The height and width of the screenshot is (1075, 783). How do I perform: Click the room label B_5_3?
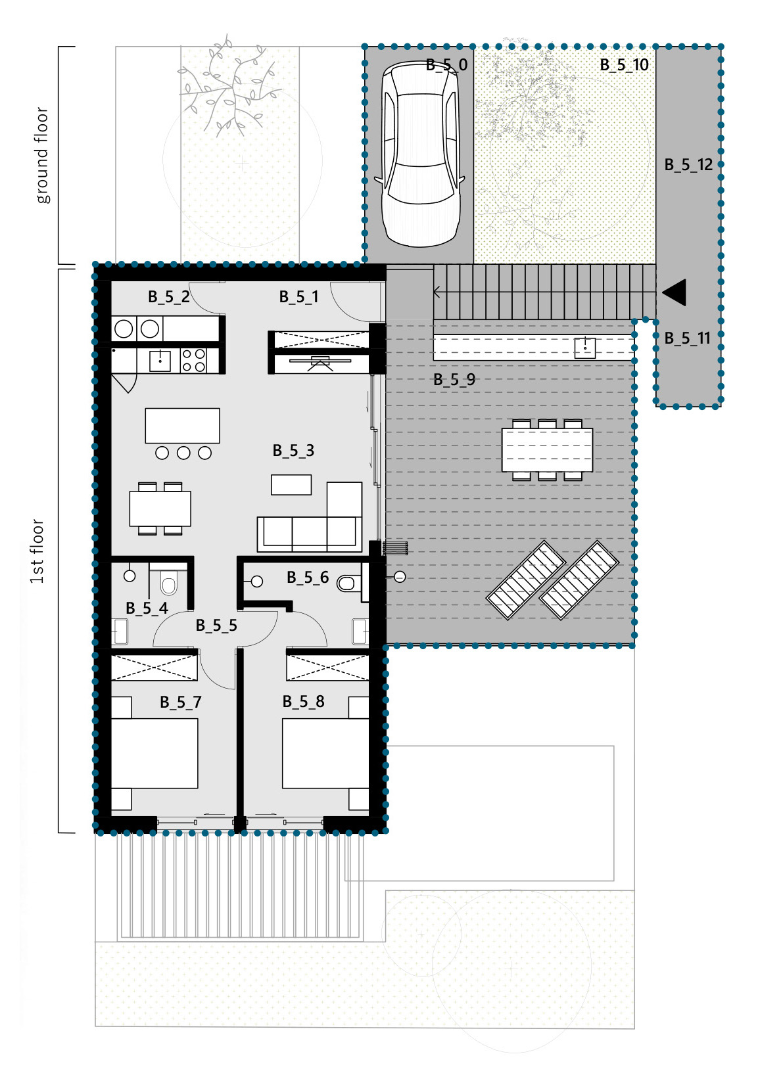(x=293, y=450)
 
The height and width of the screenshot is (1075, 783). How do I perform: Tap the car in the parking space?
(x=421, y=154)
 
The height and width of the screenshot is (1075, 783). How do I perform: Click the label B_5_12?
(x=688, y=165)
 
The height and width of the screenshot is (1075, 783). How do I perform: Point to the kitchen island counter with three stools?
(x=182, y=426)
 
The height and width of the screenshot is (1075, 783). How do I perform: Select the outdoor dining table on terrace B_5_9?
(x=547, y=449)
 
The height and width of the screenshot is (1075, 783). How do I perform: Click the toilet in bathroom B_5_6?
(x=346, y=583)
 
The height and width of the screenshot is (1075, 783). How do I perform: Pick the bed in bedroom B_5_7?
(x=154, y=753)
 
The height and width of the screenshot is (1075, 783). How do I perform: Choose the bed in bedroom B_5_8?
(x=325, y=753)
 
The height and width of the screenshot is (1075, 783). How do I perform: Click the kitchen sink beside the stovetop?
(x=160, y=361)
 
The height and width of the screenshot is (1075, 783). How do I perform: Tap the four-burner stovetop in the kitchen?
(x=193, y=361)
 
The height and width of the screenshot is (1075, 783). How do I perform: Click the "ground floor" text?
(x=42, y=155)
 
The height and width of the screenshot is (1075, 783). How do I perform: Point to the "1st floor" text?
(x=36, y=551)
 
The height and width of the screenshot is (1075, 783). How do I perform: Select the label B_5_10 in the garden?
(x=624, y=65)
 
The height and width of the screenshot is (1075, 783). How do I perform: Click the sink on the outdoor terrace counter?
(x=584, y=348)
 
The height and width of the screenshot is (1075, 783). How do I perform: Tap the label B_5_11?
(x=687, y=338)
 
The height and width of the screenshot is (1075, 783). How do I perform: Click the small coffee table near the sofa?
(x=291, y=485)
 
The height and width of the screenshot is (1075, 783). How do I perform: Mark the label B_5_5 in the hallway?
(x=216, y=626)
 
